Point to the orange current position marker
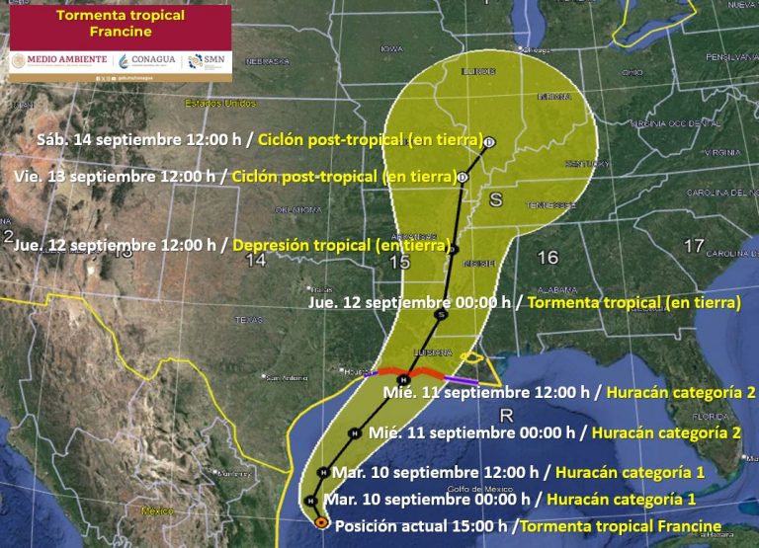point(321,522)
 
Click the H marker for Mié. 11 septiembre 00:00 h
point(354,432)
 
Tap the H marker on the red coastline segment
point(403,379)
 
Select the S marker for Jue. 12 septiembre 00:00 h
point(441,314)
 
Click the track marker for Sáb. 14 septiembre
point(489,142)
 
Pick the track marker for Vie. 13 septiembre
point(463,178)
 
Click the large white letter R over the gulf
point(507,415)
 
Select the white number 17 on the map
point(695,245)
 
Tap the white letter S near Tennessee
point(497,200)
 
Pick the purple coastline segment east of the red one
point(460,381)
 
